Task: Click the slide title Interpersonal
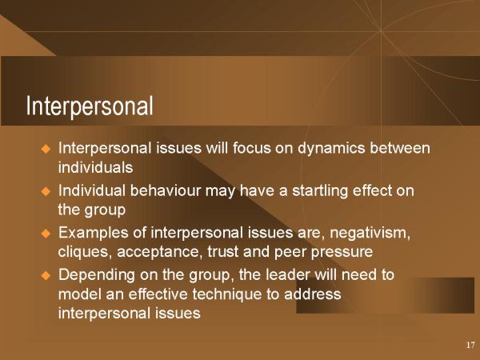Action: tap(90, 106)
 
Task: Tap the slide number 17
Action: tap(470, 345)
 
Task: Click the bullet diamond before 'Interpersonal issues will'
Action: tap(46, 149)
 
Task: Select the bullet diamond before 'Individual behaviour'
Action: tap(46, 192)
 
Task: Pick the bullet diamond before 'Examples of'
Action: tap(46, 234)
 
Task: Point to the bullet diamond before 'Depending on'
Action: tap(46, 275)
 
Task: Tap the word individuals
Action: tap(95, 167)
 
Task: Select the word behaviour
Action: tap(166, 190)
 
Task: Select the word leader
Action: tap(288, 274)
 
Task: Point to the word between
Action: tap(400, 148)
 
